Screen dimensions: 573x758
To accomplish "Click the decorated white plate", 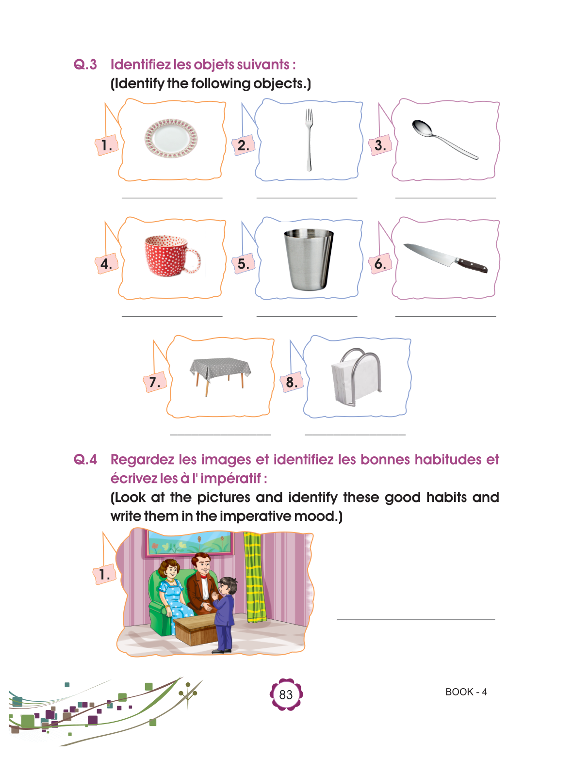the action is (171, 138).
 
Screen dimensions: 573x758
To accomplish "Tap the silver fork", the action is (309, 140).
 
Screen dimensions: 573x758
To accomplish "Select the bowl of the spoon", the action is (422, 128).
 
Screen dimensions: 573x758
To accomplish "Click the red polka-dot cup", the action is (172, 256).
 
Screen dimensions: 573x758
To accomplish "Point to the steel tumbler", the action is (309, 259).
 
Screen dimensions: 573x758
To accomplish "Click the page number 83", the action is (286, 694).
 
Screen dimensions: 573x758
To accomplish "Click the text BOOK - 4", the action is (466, 692).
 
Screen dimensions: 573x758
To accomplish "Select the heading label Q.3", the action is (85, 65).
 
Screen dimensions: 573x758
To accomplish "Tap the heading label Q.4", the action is (85, 459).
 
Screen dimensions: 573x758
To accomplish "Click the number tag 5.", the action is (243, 264).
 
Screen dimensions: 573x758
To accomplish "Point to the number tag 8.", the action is (292, 382).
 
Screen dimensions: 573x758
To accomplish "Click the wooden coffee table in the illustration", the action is (195, 629).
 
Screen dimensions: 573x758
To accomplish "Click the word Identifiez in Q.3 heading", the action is (140, 65).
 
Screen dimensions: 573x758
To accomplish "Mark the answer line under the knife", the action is (445, 316).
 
